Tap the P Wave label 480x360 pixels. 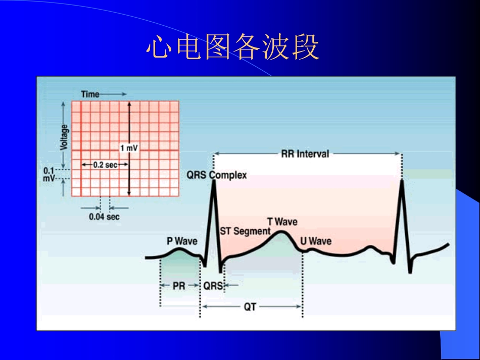182,241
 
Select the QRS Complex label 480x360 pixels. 217,175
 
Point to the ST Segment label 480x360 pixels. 245,231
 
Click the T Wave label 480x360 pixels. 282,222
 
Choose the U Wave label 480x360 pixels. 316,241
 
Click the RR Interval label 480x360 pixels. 305,153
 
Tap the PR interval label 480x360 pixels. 179,286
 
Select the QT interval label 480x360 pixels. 250,307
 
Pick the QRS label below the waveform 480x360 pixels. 213,286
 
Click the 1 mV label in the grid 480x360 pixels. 129,148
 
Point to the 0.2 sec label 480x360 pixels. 105,165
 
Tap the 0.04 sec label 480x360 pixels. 104,217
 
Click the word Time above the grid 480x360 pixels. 90,94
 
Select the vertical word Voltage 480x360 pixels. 64,137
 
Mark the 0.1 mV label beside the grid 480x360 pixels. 49,174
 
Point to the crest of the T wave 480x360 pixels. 281,232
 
